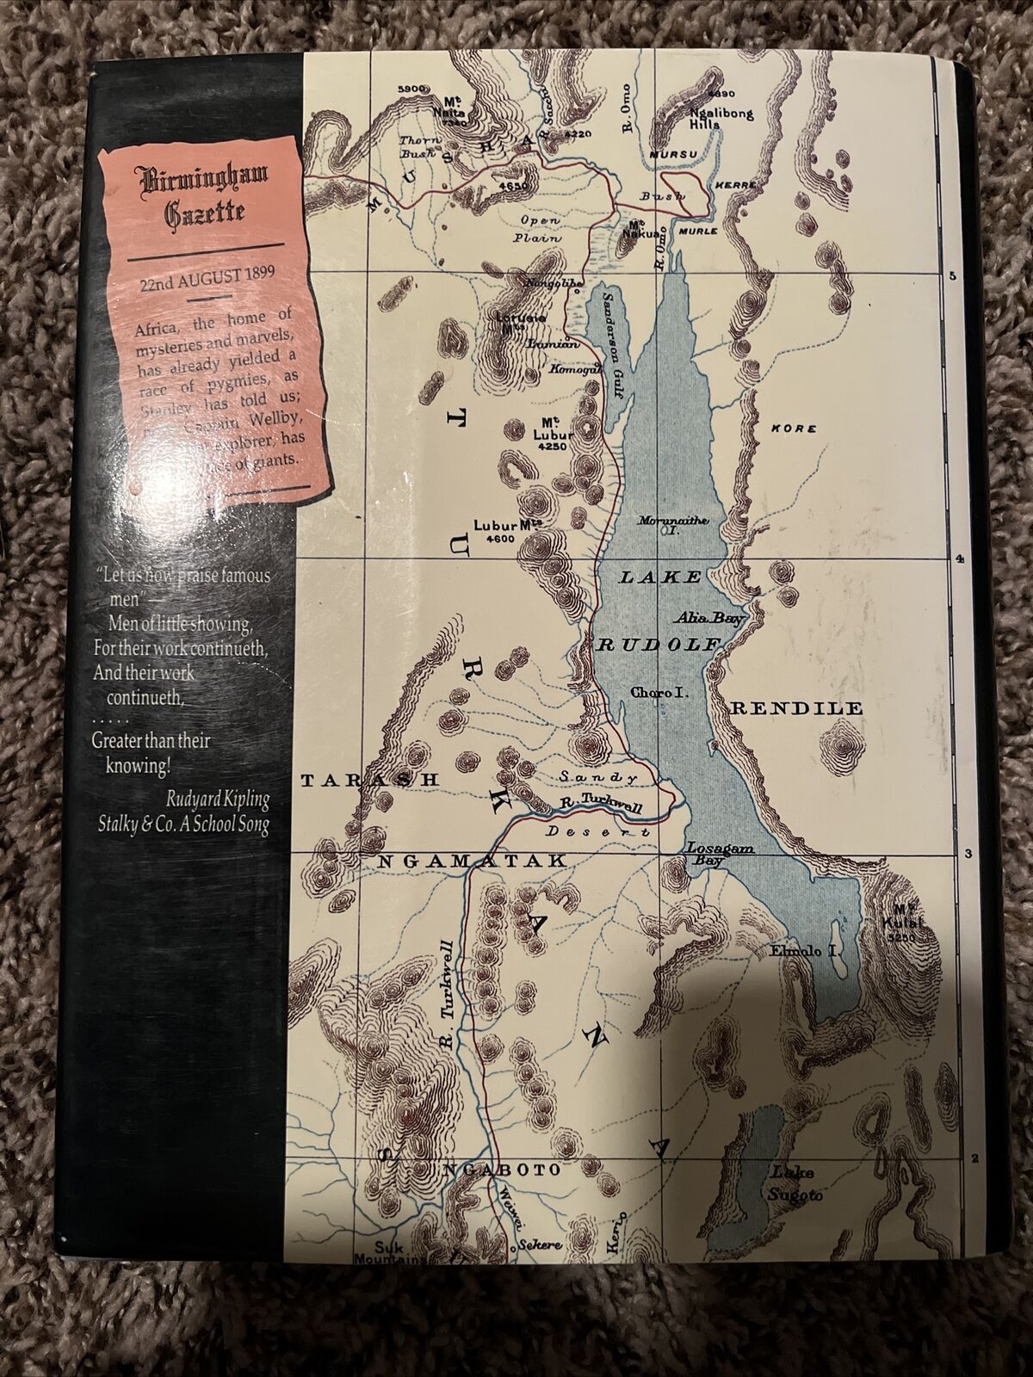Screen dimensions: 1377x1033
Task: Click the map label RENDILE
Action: click(796, 709)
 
